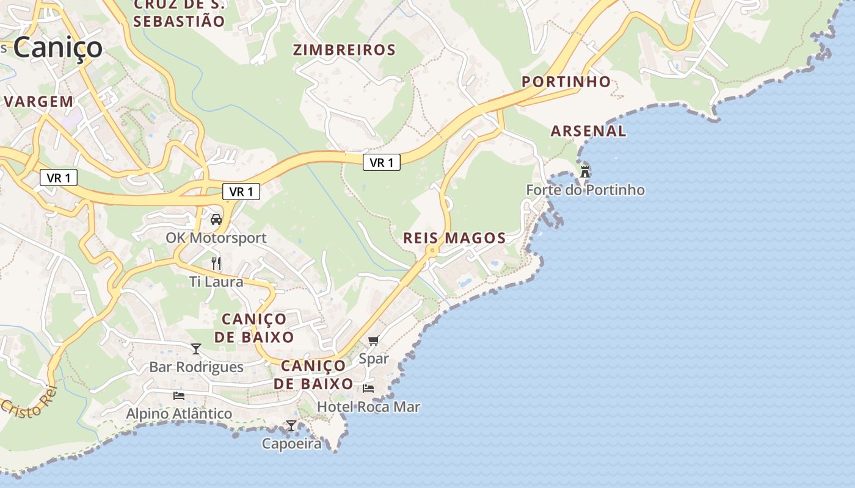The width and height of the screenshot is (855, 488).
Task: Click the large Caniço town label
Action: click(x=58, y=48)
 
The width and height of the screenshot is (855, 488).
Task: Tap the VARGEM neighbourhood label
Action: click(x=40, y=101)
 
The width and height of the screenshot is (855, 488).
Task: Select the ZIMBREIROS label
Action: click(x=344, y=50)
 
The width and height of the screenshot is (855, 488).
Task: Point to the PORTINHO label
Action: click(x=566, y=82)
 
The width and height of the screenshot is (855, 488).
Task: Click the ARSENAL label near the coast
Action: click(x=588, y=131)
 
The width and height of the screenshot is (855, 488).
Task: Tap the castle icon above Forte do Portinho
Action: click(x=585, y=171)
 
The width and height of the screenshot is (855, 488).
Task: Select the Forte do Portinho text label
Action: click(x=585, y=190)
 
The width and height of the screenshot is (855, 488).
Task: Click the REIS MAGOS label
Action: click(x=454, y=238)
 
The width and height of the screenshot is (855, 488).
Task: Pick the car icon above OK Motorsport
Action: click(x=216, y=220)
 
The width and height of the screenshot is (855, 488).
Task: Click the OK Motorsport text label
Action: click(x=216, y=238)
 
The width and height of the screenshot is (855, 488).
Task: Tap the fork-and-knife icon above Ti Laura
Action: click(x=216, y=264)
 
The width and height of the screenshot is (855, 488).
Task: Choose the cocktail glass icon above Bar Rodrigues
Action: click(x=196, y=349)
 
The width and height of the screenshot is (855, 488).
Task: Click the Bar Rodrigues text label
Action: click(x=196, y=367)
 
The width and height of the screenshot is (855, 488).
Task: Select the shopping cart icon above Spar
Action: click(x=373, y=340)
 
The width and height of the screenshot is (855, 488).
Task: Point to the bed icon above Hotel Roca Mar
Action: click(x=368, y=388)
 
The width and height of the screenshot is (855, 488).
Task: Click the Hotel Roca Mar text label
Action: click(x=368, y=406)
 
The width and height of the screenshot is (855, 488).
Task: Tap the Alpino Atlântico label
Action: click(x=179, y=414)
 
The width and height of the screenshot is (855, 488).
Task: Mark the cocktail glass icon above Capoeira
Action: click(x=291, y=426)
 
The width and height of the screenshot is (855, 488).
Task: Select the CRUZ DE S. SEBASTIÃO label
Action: click(x=179, y=13)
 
